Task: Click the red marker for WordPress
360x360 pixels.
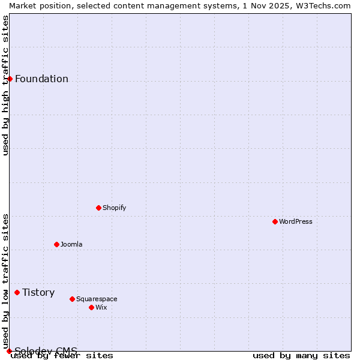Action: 275,221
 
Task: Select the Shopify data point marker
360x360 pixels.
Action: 98,208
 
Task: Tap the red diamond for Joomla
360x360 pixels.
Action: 56,244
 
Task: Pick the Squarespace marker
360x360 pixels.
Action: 72,299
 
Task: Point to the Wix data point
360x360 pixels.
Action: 91,307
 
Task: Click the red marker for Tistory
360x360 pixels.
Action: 17,292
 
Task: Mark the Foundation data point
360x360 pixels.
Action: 10,79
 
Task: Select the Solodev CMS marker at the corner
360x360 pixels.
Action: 9,351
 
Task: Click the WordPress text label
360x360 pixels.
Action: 296,221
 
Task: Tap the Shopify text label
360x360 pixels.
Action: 114,208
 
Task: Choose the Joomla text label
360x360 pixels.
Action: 71,244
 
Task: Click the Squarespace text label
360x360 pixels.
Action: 97,299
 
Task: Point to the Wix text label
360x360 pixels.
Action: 101,307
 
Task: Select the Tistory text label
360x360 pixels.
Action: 38,292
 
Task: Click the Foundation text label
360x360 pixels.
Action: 41,79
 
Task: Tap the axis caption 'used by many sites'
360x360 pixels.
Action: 301,355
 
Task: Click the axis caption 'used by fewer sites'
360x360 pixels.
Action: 62,355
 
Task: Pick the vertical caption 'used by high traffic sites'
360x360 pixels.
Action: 5,85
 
